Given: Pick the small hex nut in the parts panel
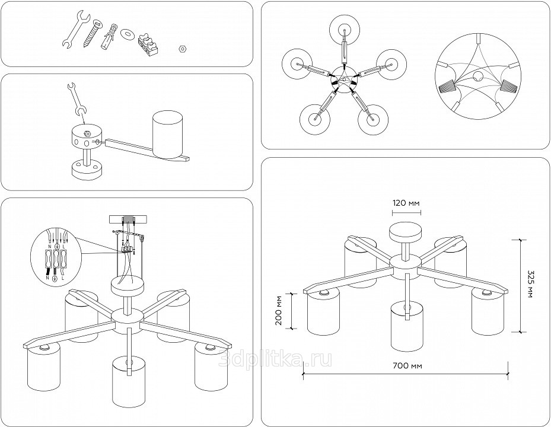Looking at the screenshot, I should [183, 48].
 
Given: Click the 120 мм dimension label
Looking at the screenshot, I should [406, 203].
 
